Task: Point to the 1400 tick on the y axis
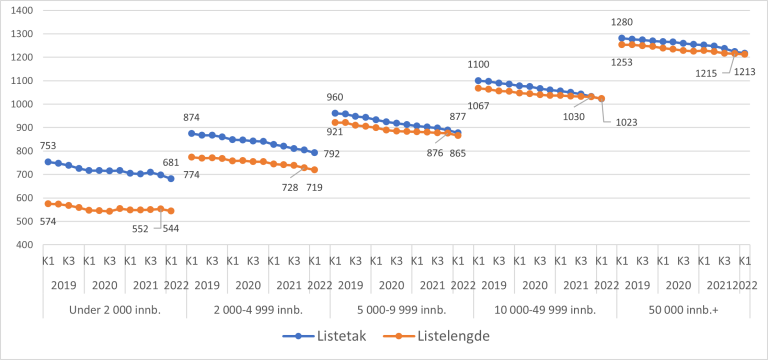click(19, 11)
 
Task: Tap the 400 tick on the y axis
click(22, 245)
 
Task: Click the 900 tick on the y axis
click(22, 128)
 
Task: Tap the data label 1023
click(627, 122)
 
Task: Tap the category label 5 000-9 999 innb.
click(397, 308)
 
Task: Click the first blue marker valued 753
click(48, 161)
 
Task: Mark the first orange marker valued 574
click(48, 203)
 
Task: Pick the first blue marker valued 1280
click(622, 38)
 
